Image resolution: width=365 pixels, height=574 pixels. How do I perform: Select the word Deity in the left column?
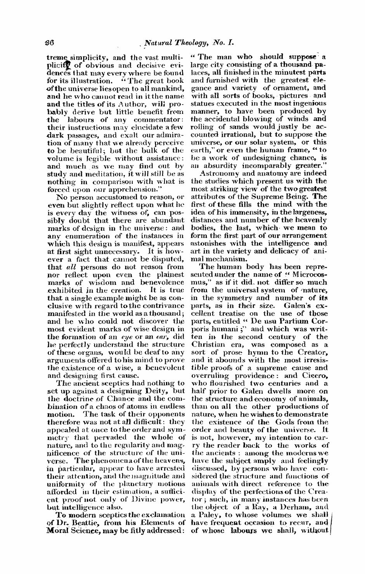click(156, 391)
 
